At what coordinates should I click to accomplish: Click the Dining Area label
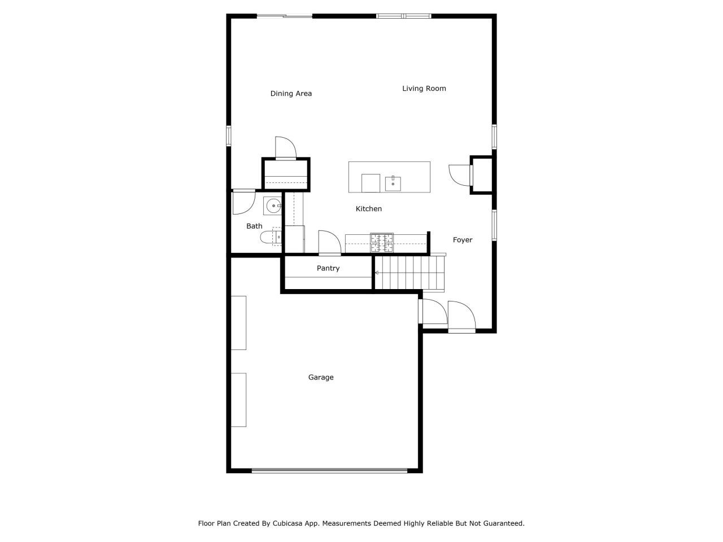pos(291,94)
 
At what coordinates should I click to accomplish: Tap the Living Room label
pos(424,89)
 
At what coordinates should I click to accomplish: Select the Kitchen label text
pos(368,209)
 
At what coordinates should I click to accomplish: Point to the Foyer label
pos(462,240)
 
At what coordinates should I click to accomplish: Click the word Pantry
pos(328,268)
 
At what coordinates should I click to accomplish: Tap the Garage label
pos(320,377)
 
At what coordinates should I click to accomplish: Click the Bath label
pos(254,226)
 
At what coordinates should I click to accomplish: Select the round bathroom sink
pos(273,206)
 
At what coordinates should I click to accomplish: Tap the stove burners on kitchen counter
pos(382,242)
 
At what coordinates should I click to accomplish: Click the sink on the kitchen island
pos(393,183)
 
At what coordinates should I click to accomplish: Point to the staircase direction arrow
pos(377,273)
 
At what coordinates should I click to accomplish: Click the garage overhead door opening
pos(329,470)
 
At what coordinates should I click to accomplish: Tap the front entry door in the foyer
pos(461,317)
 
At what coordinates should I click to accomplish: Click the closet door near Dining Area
pos(285,148)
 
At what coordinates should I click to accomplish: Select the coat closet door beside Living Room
pos(459,174)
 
